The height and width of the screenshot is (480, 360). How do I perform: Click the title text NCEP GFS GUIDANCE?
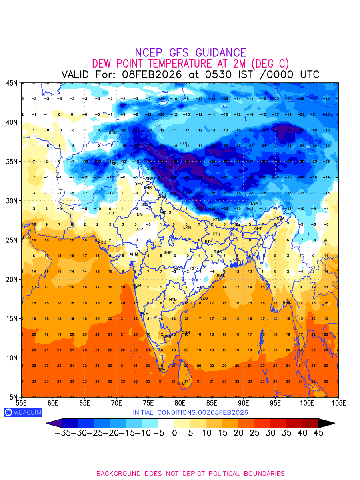[190, 53]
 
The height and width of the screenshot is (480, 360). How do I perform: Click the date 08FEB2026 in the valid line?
[152, 75]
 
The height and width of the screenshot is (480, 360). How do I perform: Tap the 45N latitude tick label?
[12, 83]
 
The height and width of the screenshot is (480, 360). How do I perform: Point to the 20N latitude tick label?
[12, 279]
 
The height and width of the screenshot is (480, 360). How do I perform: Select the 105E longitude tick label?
[338, 403]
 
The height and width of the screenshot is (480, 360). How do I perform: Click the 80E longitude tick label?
[180, 403]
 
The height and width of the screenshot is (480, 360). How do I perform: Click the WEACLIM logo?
[23, 412]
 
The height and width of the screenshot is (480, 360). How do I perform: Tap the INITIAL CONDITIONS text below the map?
[190, 412]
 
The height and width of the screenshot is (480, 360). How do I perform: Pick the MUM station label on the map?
[137, 286]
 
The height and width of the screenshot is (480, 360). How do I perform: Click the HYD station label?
[173, 300]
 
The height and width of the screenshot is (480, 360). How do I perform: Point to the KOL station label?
[236, 260]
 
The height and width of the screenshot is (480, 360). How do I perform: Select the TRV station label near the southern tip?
[162, 370]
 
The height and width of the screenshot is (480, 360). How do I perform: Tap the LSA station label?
[254, 204]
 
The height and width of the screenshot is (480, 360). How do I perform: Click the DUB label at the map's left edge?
[27, 237]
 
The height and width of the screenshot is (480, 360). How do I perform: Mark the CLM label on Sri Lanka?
[181, 384]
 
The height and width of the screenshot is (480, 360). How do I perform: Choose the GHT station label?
[258, 229]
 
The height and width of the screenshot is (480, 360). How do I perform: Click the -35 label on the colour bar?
[63, 433]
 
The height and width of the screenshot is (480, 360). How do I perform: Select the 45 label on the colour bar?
[318, 433]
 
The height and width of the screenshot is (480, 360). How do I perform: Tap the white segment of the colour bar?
[166, 423]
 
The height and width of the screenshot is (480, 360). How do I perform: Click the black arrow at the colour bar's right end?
[326, 423]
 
